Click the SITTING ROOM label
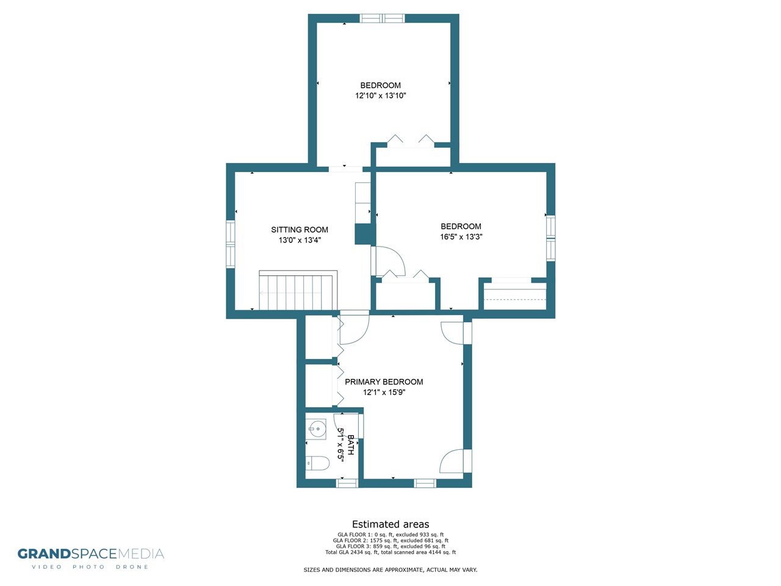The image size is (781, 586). tap(299, 230)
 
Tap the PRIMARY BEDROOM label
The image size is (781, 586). tap(384, 382)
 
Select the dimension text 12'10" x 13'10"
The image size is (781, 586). tap(380, 95)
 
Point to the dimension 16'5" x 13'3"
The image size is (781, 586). tap(461, 237)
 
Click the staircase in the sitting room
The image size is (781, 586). tap(298, 290)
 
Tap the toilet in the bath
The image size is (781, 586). tap(317, 463)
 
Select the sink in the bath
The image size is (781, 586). tap(316, 430)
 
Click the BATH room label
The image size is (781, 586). tap(351, 445)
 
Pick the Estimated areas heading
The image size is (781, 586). tap(390, 524)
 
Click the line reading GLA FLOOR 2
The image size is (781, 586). tap(390, 540)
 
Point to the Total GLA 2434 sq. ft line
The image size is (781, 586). tap(390, 552)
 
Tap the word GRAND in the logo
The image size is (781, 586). tap(44, 554)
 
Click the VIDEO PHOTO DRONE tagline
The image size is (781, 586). tap(90, 567)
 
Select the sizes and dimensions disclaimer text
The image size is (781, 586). tap(390, 570)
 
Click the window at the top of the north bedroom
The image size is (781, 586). tap(382, 18)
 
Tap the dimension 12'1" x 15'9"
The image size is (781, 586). tap(384, 392)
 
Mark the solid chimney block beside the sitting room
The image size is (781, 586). tap(365, 234)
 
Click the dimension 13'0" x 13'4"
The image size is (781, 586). tap(300, 240)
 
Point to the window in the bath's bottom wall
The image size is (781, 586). tap(347, 483)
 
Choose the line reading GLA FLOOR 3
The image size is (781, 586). tap(390, 546)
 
